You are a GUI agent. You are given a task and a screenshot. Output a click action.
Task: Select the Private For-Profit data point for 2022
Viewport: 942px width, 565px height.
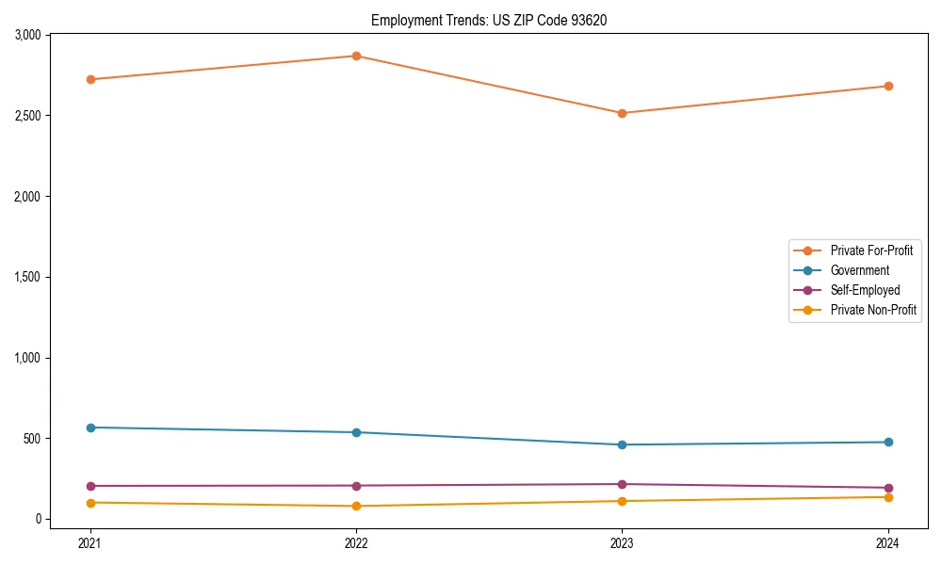point(356,56)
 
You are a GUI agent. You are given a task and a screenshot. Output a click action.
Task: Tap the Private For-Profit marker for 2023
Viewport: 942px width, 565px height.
point(622,113)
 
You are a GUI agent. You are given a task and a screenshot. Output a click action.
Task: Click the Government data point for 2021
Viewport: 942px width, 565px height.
point(90,428)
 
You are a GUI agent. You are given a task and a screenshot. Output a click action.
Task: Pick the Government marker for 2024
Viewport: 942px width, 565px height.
point(888,442)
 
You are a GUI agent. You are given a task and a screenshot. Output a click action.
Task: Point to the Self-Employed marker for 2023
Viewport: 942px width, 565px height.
point(622,484)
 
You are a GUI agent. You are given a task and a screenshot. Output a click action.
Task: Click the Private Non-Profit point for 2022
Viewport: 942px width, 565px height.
point(356,506)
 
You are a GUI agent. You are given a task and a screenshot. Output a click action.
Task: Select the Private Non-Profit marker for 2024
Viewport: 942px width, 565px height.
point(888,496)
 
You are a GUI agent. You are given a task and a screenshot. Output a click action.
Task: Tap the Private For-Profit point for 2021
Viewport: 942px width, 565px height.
point(90,79)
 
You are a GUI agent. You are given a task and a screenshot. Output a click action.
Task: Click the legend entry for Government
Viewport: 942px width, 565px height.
point(859,270)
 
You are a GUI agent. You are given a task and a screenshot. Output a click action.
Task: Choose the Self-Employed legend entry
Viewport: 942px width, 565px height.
point(865,290)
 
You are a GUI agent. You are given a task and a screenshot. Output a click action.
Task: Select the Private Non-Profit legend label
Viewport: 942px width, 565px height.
point(873,310)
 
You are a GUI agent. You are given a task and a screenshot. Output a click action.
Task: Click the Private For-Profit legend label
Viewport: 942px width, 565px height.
point(871,250)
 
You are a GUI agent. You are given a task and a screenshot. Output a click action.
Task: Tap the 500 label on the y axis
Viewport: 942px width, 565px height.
point(32,439)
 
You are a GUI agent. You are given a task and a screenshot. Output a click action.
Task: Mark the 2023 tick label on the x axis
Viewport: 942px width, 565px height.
point(622,543)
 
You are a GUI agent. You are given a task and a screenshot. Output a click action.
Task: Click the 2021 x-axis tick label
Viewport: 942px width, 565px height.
point(90,543)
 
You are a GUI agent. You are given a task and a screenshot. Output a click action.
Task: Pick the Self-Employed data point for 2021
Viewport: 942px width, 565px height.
point(90,486)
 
